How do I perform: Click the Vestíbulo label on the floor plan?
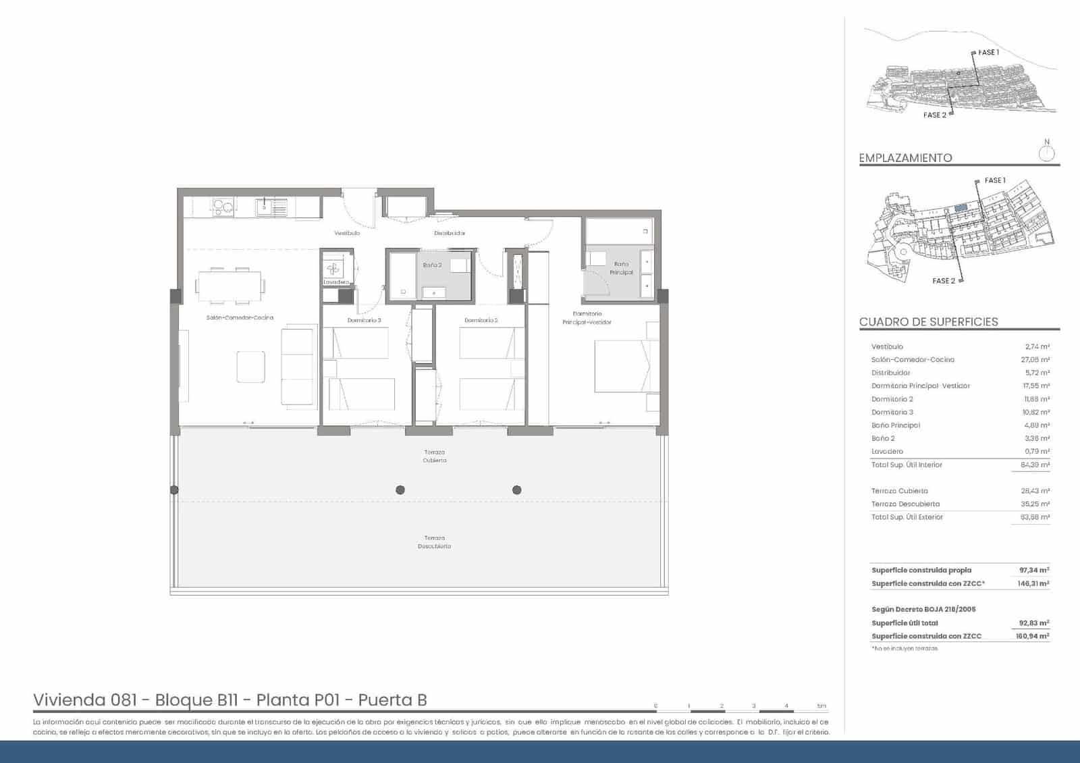click(x=347, y=233)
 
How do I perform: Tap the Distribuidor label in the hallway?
click(x=450, y=233)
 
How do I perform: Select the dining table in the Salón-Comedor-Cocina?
click(x=230, y=286)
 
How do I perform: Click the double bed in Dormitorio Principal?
click(x=622, y=366)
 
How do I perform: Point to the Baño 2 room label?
click(x=432, y=265)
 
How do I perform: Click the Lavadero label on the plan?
click(x=336, y=282)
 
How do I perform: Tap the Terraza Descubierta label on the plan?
click(x=434, y=542)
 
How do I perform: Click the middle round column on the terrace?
click(x=400, y=490)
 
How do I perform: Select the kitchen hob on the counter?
click(x=223, y=207)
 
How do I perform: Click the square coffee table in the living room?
click(x=251, y=367)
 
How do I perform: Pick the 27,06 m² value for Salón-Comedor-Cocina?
click(x=1035, y=360)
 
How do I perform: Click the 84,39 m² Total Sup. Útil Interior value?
click(x=1035, y=465)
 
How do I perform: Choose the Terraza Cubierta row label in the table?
click(x=899, y=491)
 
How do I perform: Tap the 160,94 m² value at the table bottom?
click(x=1032, y=636)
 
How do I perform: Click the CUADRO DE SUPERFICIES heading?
click(x=928, y=322)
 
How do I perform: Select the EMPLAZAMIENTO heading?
click(x=905, y=158)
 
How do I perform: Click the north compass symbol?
click(x=1047, y=153)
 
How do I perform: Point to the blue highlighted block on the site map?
click(x=961, y=209)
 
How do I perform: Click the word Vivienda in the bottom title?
click(x=69, y=700)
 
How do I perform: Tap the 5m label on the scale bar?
click(x=821, y=706)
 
